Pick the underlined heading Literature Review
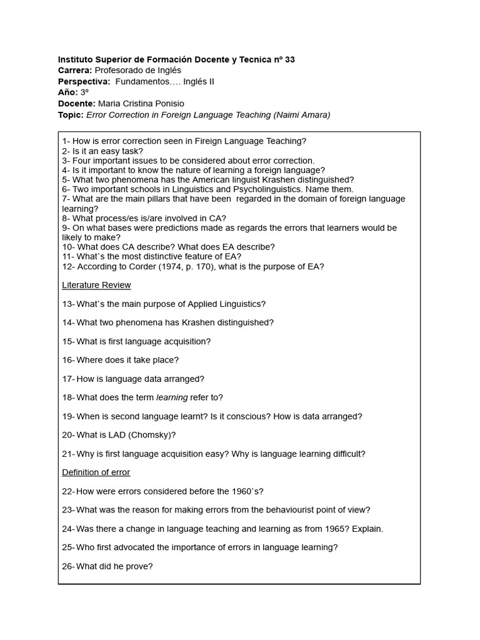[96, 285]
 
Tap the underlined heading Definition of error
[96, 472]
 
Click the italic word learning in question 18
[172, 397]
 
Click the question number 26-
[68, 566]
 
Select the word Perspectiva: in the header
[84, 82]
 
